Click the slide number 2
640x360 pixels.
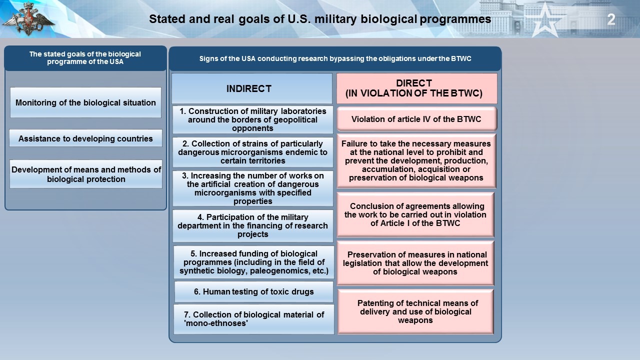[x=611, y=19]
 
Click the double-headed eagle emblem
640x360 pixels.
[x=28, y=19]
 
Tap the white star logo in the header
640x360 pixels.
[x=545, y=19]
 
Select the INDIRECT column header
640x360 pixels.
[x=251, y=88]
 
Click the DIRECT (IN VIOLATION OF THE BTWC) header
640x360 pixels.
[x=416, y=88]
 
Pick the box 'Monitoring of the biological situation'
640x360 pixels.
[x=85, y=102]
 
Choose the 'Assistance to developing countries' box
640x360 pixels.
[x=85, y=138]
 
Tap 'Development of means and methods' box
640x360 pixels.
[x=85, y=174]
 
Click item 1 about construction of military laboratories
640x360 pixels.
[x=253, y=119]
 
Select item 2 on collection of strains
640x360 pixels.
[x=253, y=152]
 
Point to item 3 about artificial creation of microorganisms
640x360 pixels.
[x=253, y=188]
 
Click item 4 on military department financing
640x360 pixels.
[x=253, y=225]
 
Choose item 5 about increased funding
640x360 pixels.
[x=253, y=262]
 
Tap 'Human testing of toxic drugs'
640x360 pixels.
[x=253, y=291]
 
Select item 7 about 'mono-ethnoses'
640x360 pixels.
[x=253, y=319]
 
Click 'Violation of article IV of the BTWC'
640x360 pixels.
[x=416, y=119]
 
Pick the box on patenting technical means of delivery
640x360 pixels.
[x=415, y=311]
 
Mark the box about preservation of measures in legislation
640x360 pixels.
[x=415, y=263]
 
